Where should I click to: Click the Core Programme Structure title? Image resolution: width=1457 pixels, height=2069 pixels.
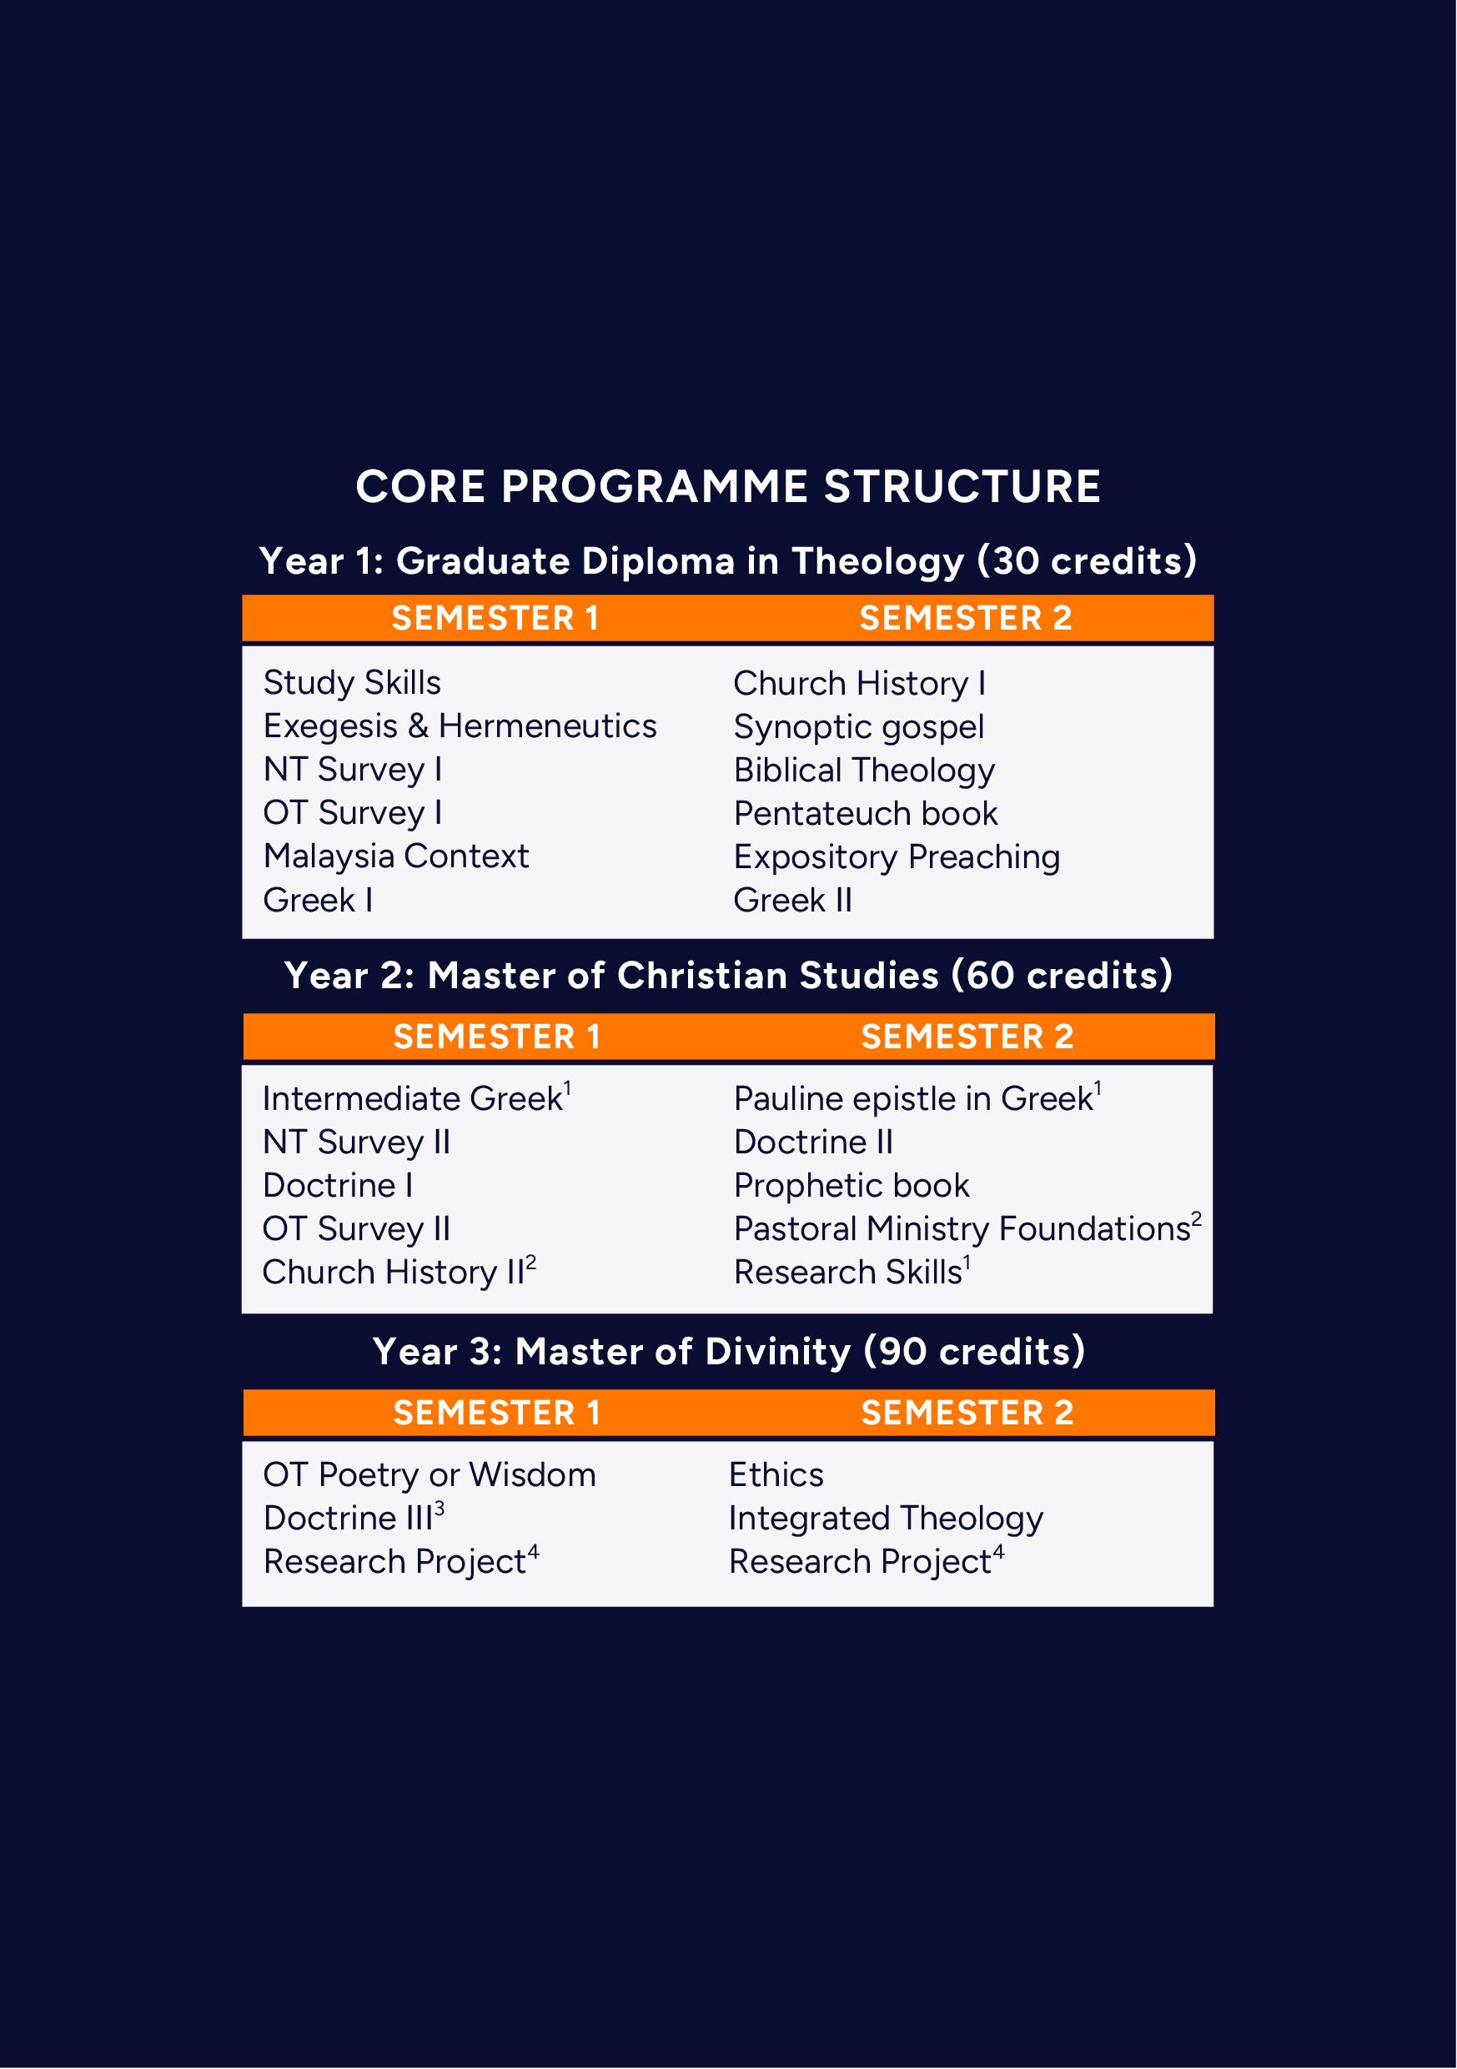point(728,488)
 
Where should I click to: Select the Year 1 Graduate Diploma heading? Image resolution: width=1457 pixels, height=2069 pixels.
point(728,561)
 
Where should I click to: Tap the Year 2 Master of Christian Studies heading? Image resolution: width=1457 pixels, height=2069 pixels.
point(728,976)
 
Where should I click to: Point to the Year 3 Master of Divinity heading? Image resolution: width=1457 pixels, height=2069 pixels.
point(728,1352)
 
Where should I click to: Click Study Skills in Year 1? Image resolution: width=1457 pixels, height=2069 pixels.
point(351,683)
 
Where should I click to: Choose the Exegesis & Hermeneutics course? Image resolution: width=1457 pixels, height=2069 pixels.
point(460,726)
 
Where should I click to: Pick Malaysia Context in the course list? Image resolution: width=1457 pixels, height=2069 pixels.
point(395,856)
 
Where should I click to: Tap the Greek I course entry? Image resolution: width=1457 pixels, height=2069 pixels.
point(317,900)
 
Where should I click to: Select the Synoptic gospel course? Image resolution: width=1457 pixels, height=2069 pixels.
point(858,727)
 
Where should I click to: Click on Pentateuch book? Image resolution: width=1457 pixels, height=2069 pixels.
point(865,814)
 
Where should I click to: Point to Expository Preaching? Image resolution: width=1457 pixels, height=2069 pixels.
point(897,857)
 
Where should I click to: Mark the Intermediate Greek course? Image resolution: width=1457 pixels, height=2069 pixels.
point(413,1098)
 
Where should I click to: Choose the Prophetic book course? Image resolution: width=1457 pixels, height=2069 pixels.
point(852,1186)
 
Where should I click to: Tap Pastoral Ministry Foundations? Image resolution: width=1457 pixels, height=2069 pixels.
point(962,1229)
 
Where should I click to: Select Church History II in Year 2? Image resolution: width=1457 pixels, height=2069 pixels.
point(394,1273)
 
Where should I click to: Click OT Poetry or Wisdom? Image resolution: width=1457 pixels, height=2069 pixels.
point(429,1475)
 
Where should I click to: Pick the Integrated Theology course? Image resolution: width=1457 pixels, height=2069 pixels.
point(886,1519)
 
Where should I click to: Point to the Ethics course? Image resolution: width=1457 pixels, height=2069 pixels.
point(776,1475)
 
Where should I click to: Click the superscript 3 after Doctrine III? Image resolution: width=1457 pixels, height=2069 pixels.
point(440,1508)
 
